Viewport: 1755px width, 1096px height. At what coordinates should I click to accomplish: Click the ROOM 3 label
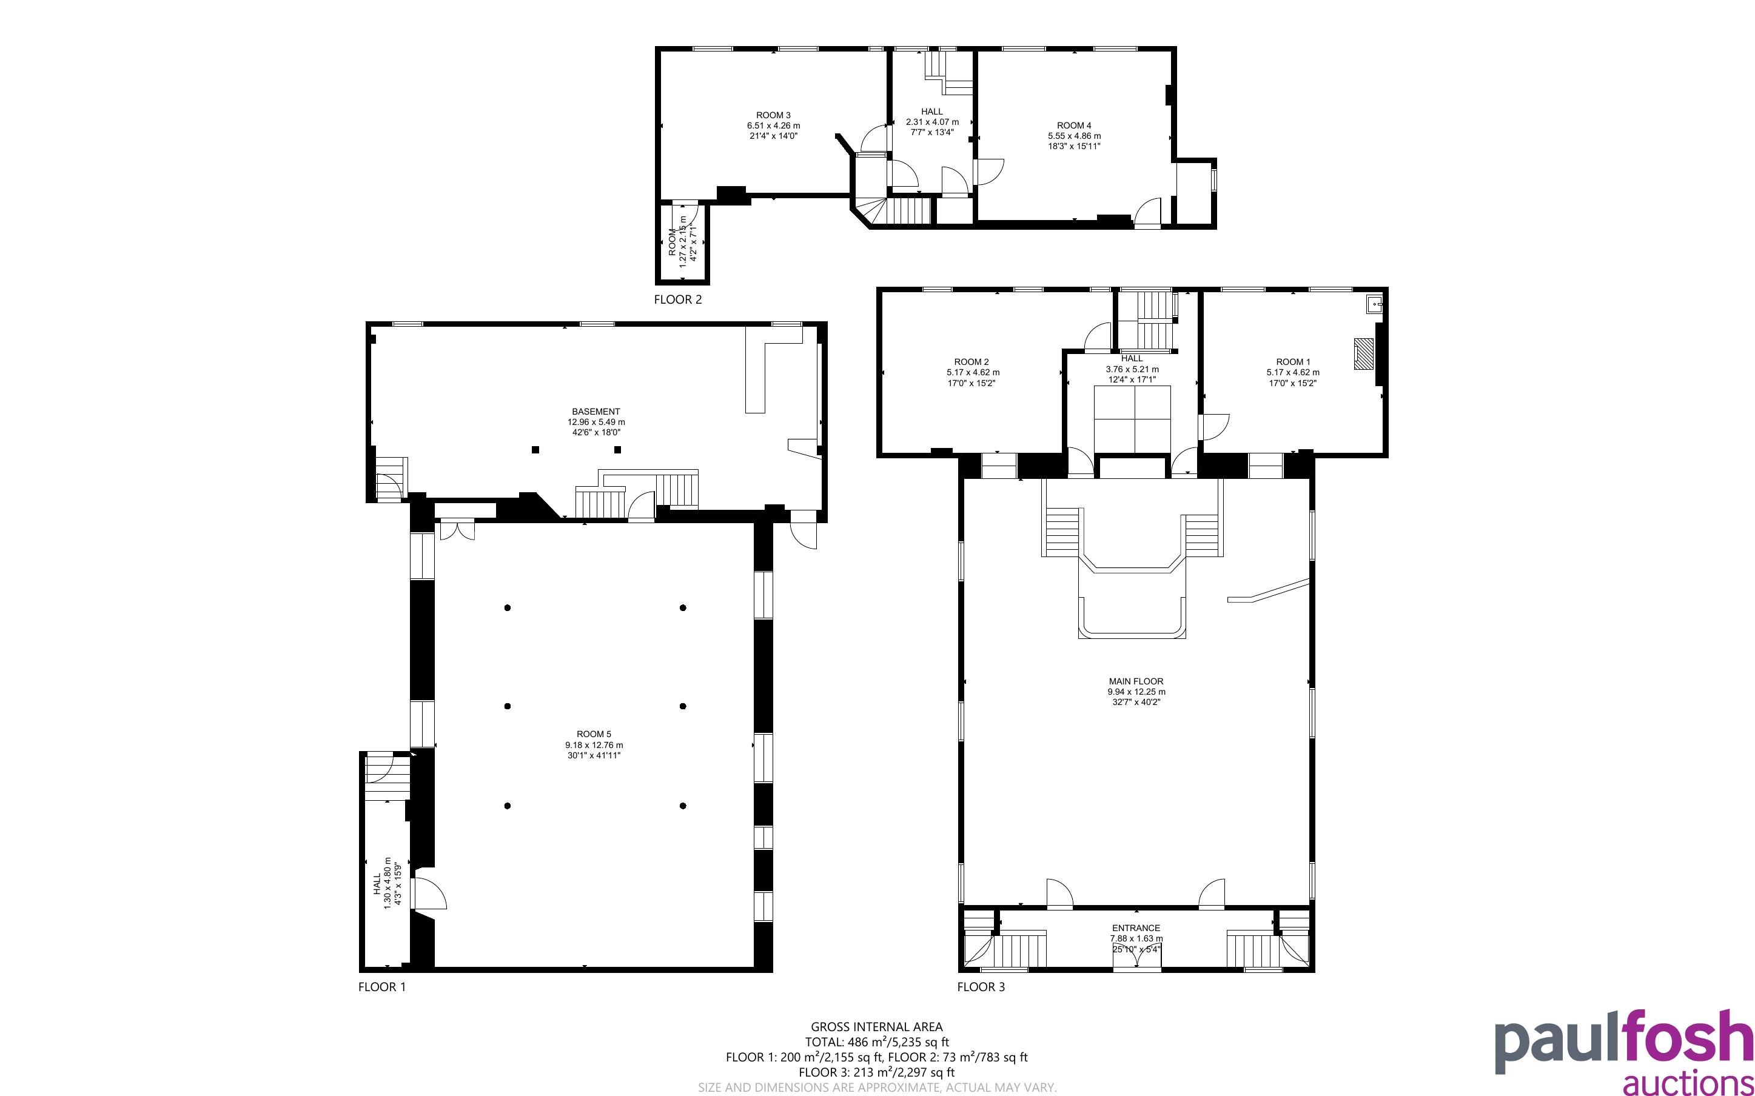(x=773, y=115)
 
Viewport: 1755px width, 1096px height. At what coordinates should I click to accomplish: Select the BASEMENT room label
(x=596, y=412)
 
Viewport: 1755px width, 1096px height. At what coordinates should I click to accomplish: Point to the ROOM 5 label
(x=594, y=734)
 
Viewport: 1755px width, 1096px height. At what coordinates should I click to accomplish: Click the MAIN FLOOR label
(x=1136, y=681)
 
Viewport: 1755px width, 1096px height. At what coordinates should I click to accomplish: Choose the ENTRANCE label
(x=1136, y=928)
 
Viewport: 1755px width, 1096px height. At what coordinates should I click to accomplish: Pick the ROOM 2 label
(x=971, y=362)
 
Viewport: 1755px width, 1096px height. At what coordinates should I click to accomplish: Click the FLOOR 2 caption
(x=678, y=299)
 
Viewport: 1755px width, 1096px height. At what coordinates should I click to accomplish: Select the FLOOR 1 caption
(x=382, y=986)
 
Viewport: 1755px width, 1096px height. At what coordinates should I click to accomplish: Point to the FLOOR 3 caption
(x=981, y=986)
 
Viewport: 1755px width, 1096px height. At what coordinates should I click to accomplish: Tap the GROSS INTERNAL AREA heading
(x=876, y=1026)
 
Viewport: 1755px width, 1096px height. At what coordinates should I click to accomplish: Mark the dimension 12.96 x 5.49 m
(x=596, y=422)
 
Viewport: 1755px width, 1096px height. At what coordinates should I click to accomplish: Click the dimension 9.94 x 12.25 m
(x=1136, y=692)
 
